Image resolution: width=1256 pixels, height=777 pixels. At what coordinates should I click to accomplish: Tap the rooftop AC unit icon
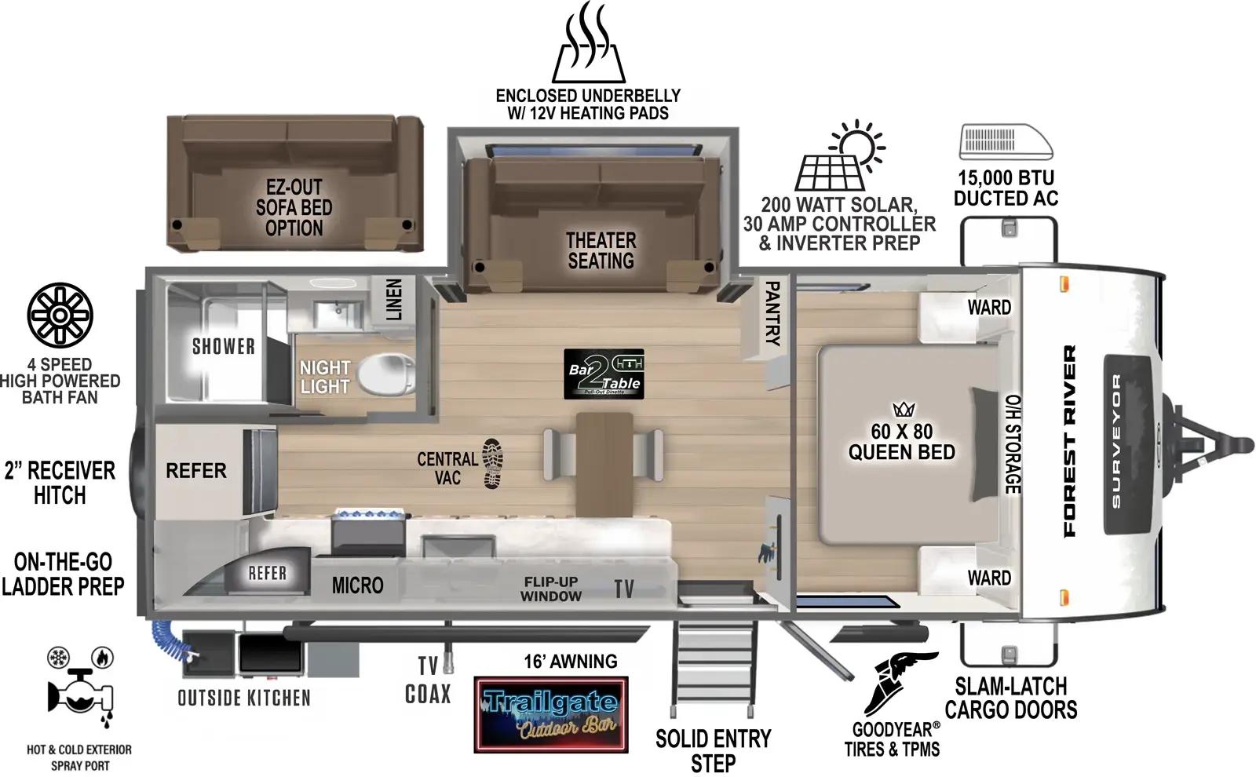(1006, 142)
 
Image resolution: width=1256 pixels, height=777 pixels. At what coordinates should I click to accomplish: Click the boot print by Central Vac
(493, 464)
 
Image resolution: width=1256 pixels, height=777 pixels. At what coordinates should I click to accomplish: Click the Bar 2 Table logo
(604, 374)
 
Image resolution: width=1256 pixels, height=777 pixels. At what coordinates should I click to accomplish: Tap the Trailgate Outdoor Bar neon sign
(551, 714)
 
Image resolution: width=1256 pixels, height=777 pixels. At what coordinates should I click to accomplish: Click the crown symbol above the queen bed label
(904, 409)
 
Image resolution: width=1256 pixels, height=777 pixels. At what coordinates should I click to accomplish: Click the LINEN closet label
(394, 299)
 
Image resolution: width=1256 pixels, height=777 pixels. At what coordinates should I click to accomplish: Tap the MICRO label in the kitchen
(357, 585)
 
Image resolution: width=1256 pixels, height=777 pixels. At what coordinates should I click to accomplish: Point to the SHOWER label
(224, 346)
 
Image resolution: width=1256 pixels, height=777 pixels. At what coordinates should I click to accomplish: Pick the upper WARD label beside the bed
(988, 307)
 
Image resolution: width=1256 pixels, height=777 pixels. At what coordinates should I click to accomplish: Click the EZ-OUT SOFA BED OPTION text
(294, 208)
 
